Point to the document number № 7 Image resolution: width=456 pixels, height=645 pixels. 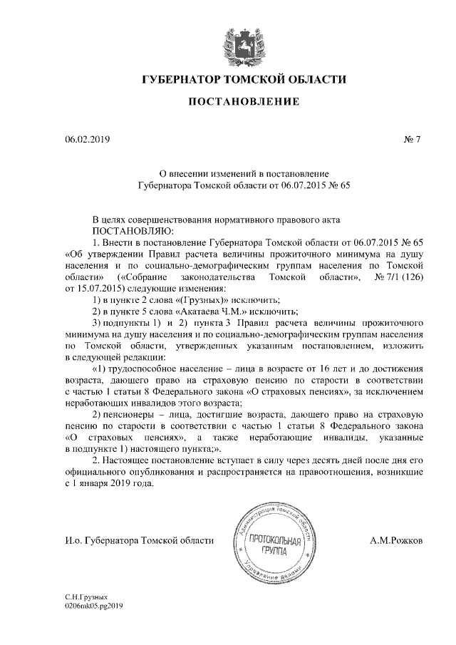coord(413,139)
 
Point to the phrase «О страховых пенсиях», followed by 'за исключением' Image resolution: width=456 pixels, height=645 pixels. coord(307,391)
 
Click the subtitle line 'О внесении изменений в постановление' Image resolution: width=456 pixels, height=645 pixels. coord(242,172)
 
